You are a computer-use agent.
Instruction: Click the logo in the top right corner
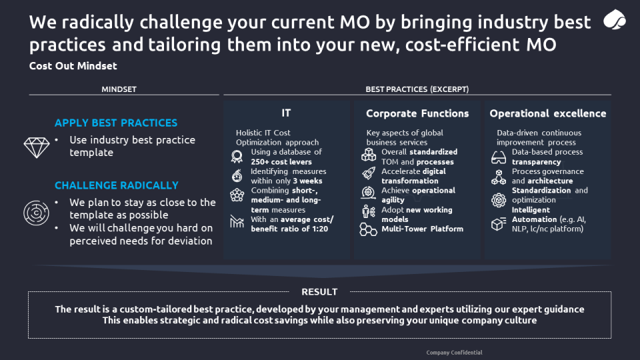coord(614,19)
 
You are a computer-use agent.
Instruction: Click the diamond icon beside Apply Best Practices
coord(36,147)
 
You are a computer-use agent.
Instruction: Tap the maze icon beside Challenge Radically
coord(36,213)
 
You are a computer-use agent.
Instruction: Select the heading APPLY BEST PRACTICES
coord(116,123)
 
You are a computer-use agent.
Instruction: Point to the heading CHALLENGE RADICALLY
coord(116,185)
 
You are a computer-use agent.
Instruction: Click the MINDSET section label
coord(119,89)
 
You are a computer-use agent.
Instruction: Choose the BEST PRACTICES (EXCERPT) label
coord(417,89)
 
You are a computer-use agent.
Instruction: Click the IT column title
coord(286,113)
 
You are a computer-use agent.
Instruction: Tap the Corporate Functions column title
coord(417,113)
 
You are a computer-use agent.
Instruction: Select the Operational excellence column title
coord(548,113)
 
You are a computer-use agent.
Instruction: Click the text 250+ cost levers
coord(281,161)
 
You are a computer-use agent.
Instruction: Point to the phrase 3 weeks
coord(307,181)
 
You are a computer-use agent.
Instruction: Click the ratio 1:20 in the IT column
coord(320,229)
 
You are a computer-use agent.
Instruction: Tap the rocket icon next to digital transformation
coord(369,173)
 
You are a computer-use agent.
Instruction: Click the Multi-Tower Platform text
coord(423,229)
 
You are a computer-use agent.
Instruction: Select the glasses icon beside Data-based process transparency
coord(499,157)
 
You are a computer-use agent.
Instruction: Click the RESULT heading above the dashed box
coord(319,292)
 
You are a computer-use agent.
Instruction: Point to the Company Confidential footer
coord(454,353)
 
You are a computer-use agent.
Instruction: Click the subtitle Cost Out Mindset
coord(73,66)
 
